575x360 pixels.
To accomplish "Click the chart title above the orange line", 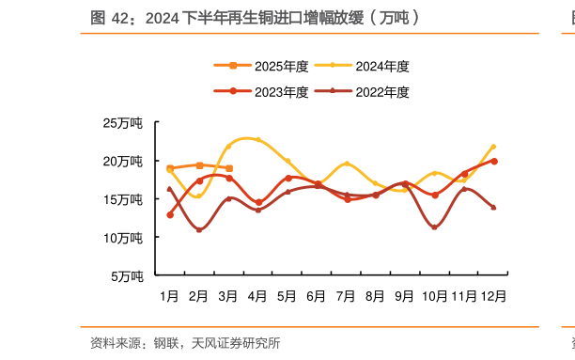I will [255, 17].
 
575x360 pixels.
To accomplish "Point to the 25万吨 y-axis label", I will [123, 123].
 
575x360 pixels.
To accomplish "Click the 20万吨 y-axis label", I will [123, 162].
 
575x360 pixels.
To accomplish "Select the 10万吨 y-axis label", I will [123, 238].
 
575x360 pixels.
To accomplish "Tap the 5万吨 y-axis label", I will [126, 276].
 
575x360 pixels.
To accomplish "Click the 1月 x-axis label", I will [170, 296].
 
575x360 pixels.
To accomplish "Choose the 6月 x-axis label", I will [317, 296].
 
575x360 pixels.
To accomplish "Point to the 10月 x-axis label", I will [434, 296].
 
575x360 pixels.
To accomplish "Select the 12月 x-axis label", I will [493, 296].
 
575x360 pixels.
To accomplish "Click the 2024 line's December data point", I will [493, 147].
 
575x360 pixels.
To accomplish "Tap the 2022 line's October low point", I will [434, 227].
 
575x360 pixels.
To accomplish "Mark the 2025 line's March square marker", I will [229, 168].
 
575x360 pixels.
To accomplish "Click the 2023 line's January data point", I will [170, 215].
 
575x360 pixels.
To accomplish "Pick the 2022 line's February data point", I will [199, 229].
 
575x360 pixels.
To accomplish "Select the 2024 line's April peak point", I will [258, 139].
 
